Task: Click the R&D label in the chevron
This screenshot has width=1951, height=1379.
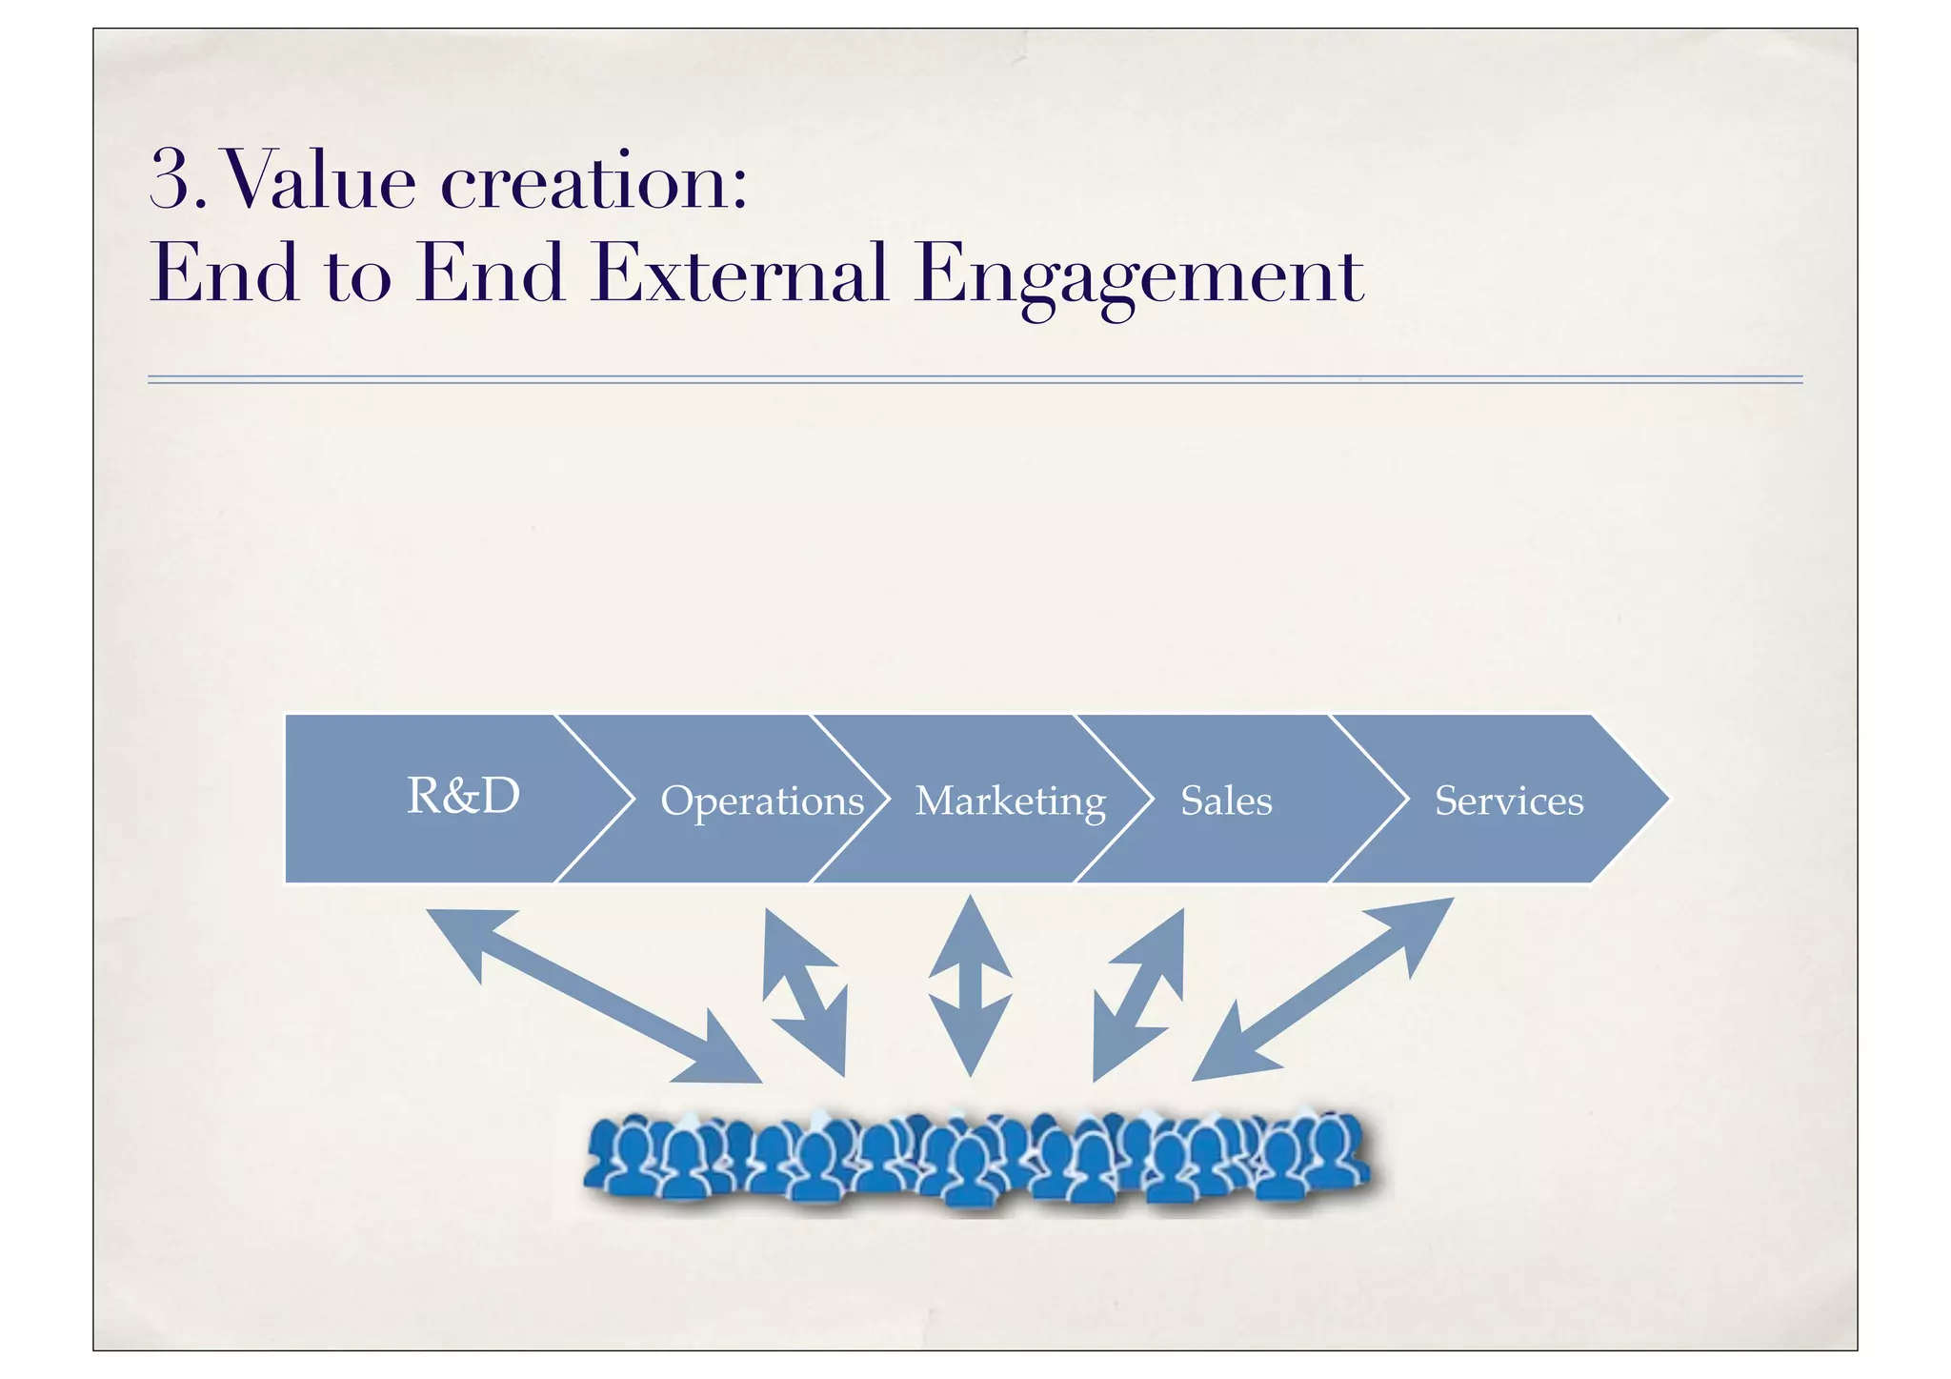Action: pos(463,796)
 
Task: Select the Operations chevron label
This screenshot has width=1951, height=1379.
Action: pos(762,801)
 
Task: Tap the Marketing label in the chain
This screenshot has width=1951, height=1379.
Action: pos(1010,801)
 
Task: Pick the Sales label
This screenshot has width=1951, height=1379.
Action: pos(1226,801)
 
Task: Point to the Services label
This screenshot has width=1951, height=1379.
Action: pos(1509,801)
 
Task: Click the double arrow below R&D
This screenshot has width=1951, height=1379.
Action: pos(593,996)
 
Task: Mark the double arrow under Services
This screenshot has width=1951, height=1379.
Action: pos(1323,989)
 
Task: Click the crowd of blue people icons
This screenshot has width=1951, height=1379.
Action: pos(976,1158)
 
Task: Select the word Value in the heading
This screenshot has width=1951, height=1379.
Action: pos(320,181)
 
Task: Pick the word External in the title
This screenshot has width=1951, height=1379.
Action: pos(739,274)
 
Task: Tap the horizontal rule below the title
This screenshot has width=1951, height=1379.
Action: pos(975,379)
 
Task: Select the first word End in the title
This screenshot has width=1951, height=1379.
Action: pos(225,274)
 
